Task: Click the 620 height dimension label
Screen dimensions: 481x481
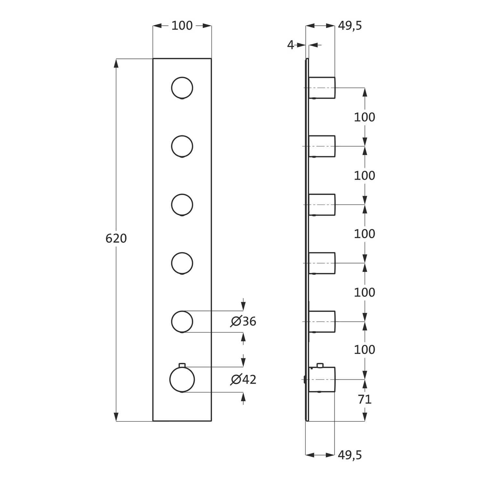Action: pyautogui.click(x=116, y=239)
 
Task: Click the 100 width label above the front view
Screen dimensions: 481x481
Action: pyautogui.click(x=182, y=26)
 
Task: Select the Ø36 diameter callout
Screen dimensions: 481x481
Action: pyautogui.click(x=243, y=321)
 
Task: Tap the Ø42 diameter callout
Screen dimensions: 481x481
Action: pyautogui.click(x=243, y=380)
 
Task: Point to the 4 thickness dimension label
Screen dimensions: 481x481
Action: pyautogui.click(x=291, y=45)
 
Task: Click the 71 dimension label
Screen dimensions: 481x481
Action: pyautogui.click(x=365, y=400)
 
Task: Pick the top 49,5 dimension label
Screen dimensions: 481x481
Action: pyautogui.click(x=350, y=26)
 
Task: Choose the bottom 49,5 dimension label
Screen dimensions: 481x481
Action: pyautogui.click(x=350, y=455)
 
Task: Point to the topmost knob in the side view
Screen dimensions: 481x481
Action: pyautogui.click(x=322, y=88)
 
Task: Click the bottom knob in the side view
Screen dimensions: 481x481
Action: pyautogui.click(x=322, y=380)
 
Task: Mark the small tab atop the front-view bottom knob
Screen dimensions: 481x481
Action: pyautogui.click(x=182, y=365)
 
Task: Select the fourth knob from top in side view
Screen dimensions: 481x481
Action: pyautogui.click(x=322, y=263)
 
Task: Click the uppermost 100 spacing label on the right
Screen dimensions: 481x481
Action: pyautogui.click(x=365, y=117)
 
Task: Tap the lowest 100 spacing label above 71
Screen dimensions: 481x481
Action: pyautogui.click(x=365, y=350)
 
